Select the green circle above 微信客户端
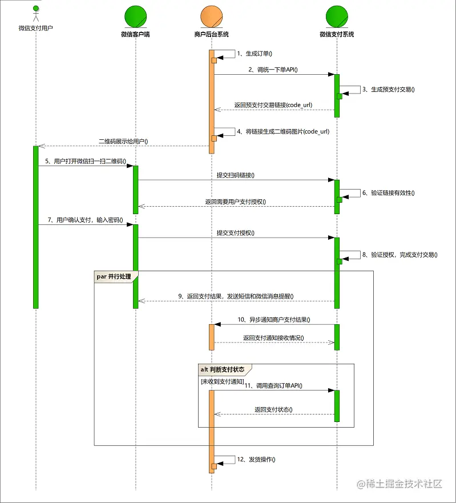click(136, 17)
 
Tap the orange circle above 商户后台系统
click(212, 17)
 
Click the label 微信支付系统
click(337, 34)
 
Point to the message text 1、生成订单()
click(255, 54)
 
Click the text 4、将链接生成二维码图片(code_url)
click(283, 131)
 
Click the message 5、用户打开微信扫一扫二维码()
click(86, 162)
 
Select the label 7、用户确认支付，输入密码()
click(86, 220)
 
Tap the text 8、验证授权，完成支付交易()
click(399, 255)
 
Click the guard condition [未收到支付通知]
click(222, 381)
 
